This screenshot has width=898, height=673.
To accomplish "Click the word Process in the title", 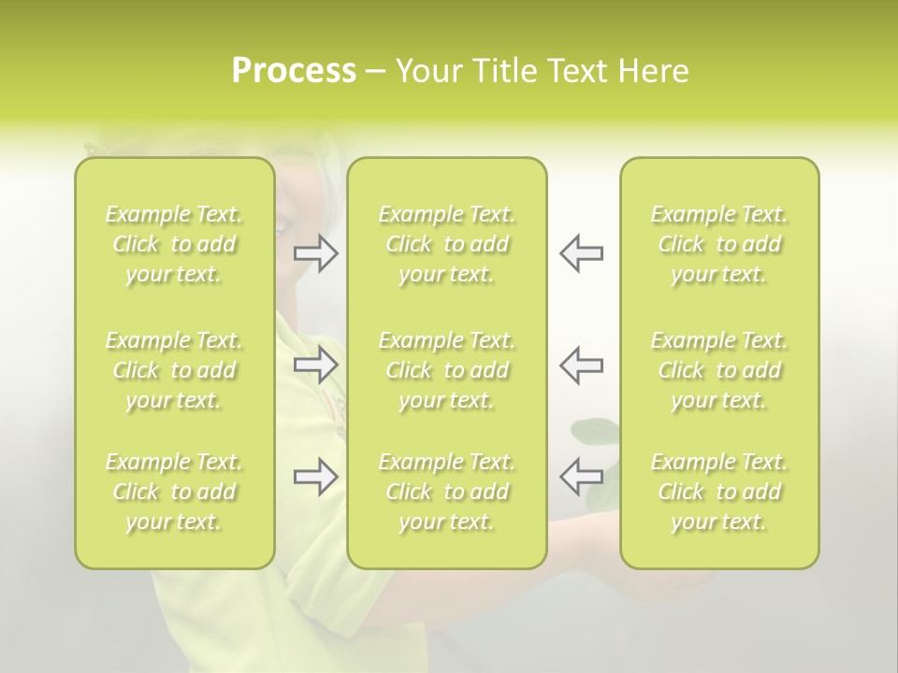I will pyautogui.click(x=294, y=71).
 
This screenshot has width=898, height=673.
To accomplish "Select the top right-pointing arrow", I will pyautogui.click(x=316, y=253).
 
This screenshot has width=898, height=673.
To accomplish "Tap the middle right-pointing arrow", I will pyautogui.click(x=316, y=365).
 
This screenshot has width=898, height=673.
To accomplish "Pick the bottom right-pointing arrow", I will pyautogui.click(x=316, y=477).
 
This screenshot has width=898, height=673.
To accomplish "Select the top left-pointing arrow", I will pyautogui.click(x=581, y=253).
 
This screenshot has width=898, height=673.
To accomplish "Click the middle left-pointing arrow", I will pyautogui.click(x=581, y=365).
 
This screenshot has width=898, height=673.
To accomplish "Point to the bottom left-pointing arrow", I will pyautogui.click(x=581, y=477).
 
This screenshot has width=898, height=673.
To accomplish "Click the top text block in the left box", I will pyautogui.click(x=174, y=244).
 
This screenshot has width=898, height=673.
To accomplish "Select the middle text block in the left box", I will pyautogui.click(x=174, y=370).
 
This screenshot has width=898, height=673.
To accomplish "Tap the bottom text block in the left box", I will pyautogui.click(x=174, y=492).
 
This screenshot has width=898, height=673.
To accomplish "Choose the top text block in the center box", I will pyautogui.click(x=447, y=244).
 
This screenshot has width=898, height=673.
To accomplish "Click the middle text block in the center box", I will pyautogui.click(x=447, y=370).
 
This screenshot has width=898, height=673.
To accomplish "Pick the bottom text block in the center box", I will pyautogui.click(x=447, y=492).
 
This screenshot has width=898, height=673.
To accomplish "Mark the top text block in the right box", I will pyautogui.click(x=719, y=244).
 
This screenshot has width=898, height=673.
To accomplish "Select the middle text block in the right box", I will pyautogui.click(x=719, y=370).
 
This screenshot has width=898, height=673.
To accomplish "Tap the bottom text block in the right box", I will pyautogui.click(x=719, y=492).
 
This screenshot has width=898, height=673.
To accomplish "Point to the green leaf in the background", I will pyautogui.click(x=595, y=431).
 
